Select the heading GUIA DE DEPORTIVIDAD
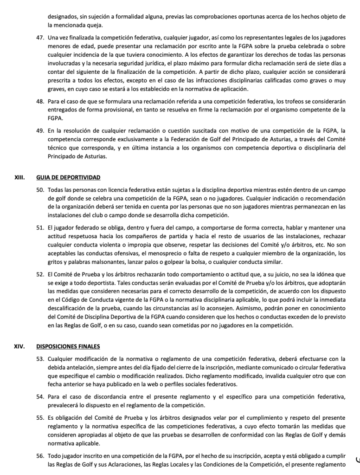(68, 177)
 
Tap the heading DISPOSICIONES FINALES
(68, 346)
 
